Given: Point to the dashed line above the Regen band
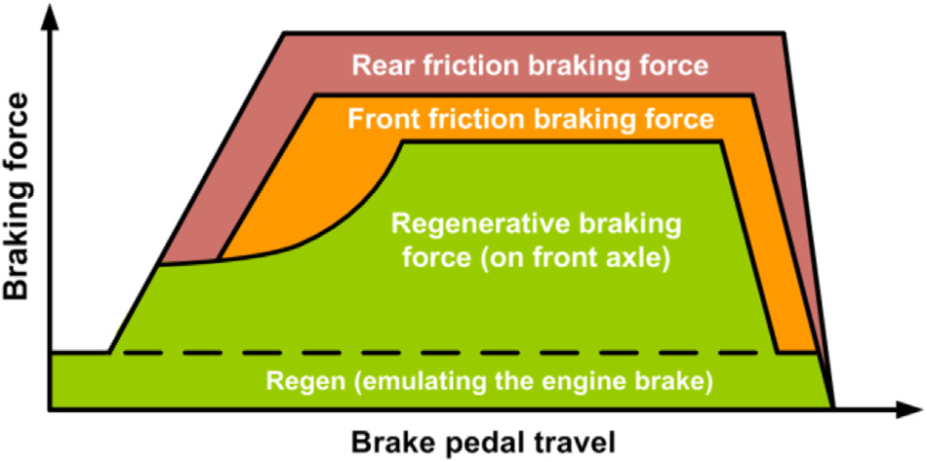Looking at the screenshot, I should click(439, 352).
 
